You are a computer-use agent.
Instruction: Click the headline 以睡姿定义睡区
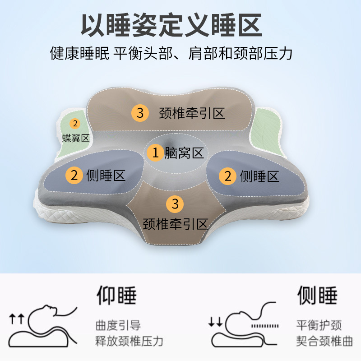tap(171, 25)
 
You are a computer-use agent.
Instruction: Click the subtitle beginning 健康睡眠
tap(171, 54)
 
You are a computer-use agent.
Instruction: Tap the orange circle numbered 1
tap(156, 153)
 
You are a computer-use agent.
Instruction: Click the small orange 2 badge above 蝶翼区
tap(75, 123)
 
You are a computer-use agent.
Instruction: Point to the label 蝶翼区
tap(75, 138)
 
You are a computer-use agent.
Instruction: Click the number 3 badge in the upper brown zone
tap(140, 113)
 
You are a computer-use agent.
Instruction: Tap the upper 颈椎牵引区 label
tap(192, 113)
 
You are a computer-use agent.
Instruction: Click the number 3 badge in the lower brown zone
tap(175, 204)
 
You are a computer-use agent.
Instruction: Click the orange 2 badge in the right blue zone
tap(228, 176)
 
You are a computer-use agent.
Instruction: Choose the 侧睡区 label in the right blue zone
tap(260, 176)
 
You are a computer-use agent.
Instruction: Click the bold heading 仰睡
tap(116, 296)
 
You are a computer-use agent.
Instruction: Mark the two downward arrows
tap(215, 322)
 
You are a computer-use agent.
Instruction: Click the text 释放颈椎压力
tap(129, 341)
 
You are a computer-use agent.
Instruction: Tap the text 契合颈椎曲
tap(324, 341)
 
